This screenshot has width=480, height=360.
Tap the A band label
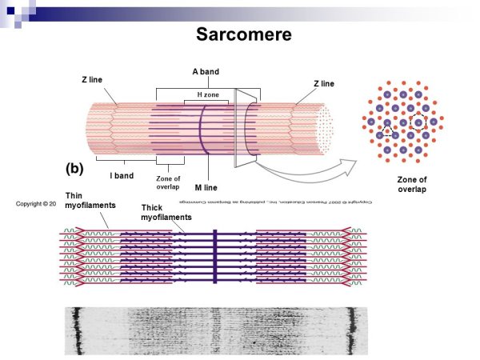(206, 72)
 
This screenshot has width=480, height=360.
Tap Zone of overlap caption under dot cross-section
(412, 185)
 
